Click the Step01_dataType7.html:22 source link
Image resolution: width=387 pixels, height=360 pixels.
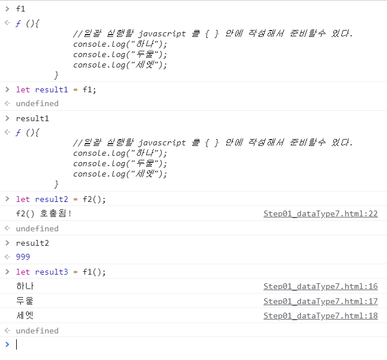(x=321, y=214)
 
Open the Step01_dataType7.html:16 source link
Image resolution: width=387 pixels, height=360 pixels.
(x=321, y=286)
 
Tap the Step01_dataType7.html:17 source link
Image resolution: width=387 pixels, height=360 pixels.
(x=321, y=301)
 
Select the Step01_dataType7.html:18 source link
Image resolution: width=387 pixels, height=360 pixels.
(x=321, y=316)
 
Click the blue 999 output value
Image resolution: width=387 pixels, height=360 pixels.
(x=23, y=257)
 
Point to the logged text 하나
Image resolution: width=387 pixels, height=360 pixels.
(x=25, y=286)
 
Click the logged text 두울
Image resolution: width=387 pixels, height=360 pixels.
(x=25, y=301)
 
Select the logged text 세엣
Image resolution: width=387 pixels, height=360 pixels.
(x=25, y=316)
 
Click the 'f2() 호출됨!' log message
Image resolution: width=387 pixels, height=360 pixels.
(x=44, y=214)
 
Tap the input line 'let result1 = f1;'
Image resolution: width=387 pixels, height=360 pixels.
(x=56, y=89)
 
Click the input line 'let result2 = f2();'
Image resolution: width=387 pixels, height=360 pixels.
(x=61, y=200)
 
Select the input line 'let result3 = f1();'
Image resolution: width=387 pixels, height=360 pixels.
(x=61, y=272)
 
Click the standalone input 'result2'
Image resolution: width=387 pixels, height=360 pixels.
(x=32, y=243)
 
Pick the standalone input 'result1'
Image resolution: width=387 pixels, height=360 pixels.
(x=32, y=118)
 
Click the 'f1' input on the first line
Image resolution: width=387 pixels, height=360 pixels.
(x=21, y=9)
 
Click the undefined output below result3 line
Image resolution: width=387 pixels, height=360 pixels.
(x=37, y=331)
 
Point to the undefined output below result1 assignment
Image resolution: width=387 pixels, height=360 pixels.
(x=37, y=104)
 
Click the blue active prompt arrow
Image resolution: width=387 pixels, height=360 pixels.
(x=7, y=344)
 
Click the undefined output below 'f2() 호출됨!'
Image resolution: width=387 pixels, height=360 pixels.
(x=37, y=228)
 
